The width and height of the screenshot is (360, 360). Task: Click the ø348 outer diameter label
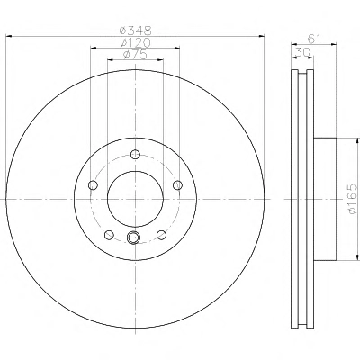click(x=135, y=31)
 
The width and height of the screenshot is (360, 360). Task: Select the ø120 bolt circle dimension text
click(x=135, y=43)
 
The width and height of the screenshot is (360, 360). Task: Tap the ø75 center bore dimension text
click(x=135, y=55)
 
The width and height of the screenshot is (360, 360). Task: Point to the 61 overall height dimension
click(x=314, y=39)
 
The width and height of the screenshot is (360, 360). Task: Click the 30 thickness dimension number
click(x=302, y=53)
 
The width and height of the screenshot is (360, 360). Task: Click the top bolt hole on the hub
click(x=136, y=154)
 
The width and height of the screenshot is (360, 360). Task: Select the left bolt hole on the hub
click(x=94, y=185)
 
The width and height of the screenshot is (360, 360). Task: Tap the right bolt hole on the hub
click(x=178, y=185)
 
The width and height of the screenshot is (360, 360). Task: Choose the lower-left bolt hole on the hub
click(x=109, y=235)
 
